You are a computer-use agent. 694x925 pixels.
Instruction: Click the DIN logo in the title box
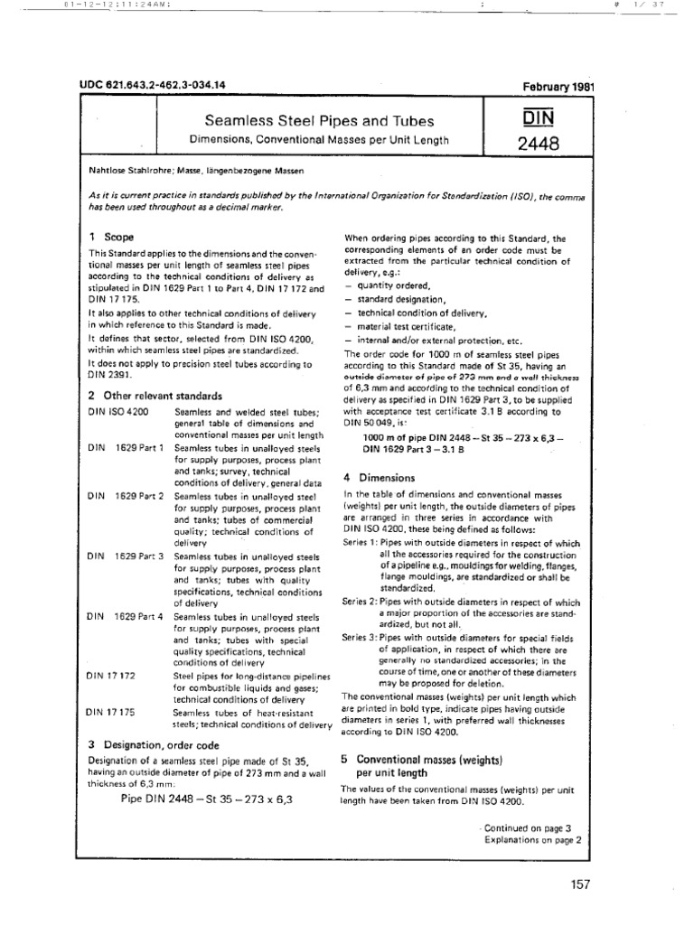538,119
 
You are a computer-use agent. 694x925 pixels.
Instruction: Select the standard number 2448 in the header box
538,142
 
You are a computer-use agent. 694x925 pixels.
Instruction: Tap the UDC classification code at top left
154,85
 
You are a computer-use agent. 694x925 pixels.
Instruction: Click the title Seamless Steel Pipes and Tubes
306,121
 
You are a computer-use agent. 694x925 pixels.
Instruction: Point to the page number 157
579,885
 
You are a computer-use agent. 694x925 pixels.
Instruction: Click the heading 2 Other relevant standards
155,396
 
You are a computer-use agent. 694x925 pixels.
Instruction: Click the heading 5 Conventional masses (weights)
422,765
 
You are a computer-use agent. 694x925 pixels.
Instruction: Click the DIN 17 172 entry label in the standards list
111,676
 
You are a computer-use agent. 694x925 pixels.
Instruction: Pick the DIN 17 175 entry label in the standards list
111,712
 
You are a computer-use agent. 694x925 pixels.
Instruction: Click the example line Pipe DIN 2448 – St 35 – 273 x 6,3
207,799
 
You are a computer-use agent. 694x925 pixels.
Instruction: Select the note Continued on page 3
531,827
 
